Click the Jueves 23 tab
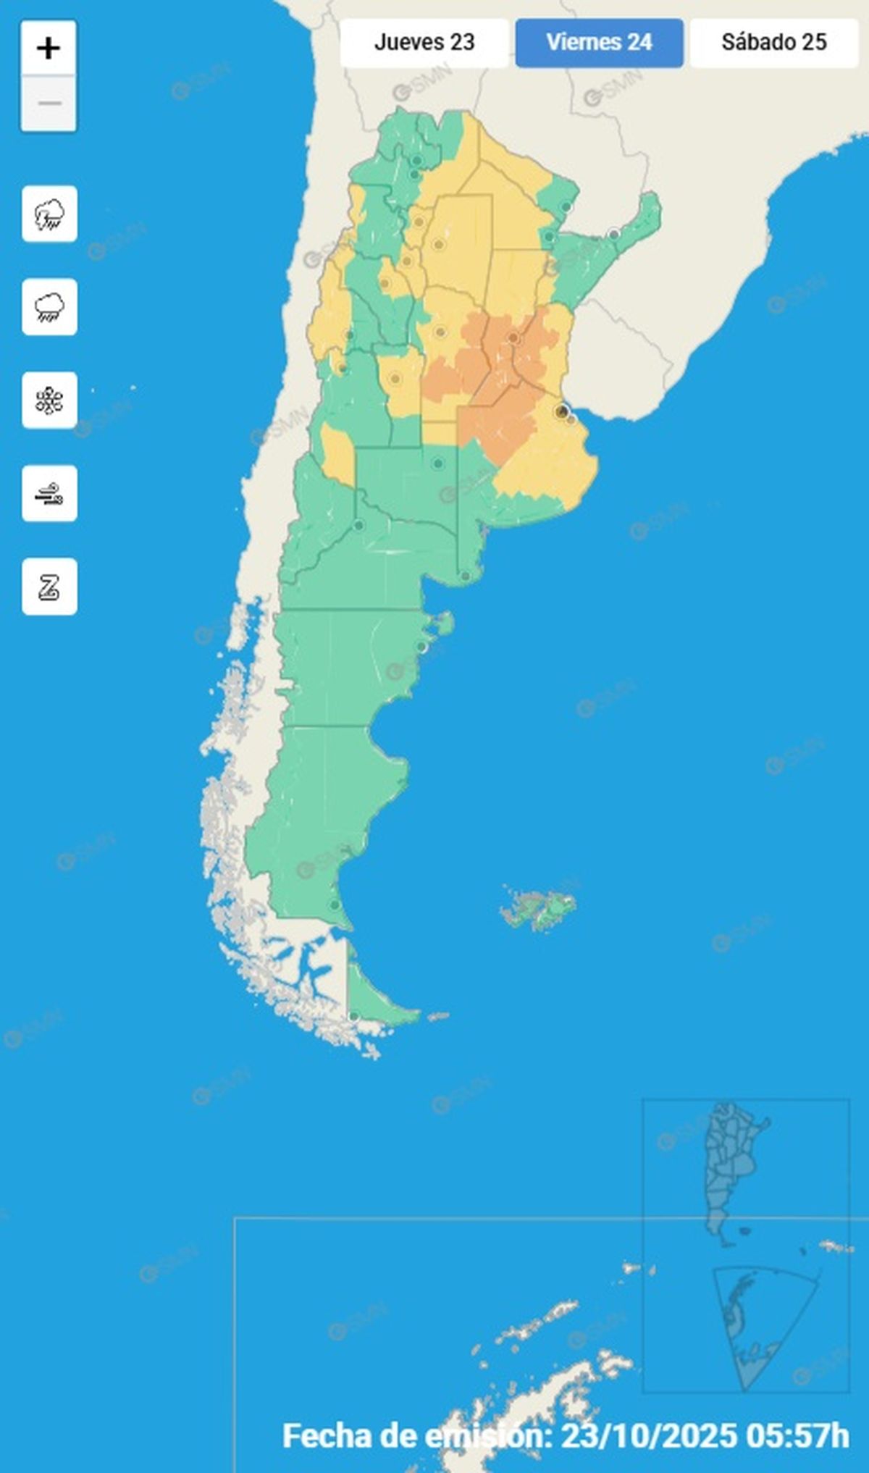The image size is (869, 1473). pyautogui.click(x=424, y=43)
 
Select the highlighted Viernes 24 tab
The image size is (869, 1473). pyautogui.click(x=599, y=43)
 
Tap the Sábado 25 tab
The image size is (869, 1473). pyautogui.click(x=773, y=43)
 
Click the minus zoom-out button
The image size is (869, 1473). pyautogui.click(x=49, y=104)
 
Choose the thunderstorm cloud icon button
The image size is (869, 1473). pyautogui.click(x=49, y=214)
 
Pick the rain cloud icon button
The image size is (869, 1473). pyautogui.click(x=49, y=307)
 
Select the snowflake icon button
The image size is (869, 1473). pyautogui.click(x=49, y=400)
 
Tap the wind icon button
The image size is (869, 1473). pyautogui.click(x=49, y=494)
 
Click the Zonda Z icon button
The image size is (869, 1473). pyautogui.click(x=49, y=587)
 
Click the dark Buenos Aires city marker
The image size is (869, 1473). pyautogui.click(x=561, y=411)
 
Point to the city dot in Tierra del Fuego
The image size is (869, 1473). pyautogui.click(x=353, y=1017)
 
